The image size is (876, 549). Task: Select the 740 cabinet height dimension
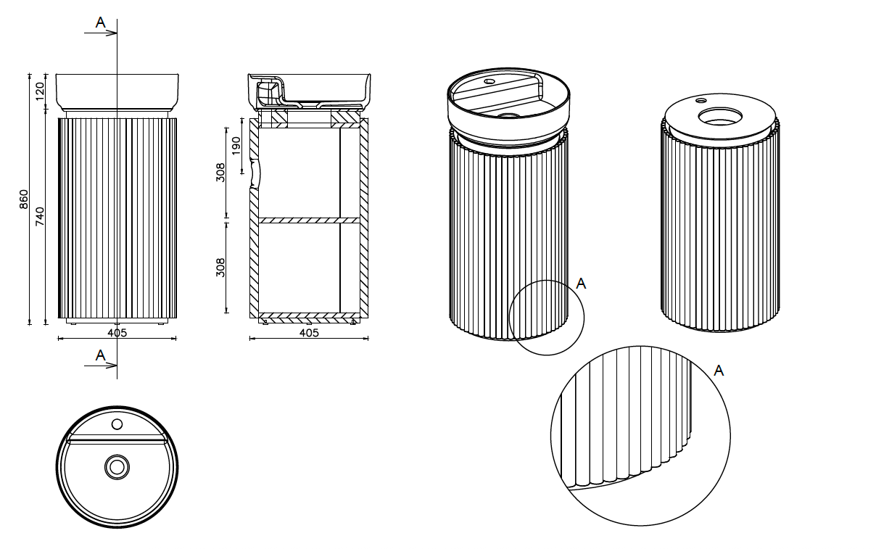tap(41, 216)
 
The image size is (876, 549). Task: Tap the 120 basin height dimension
tap(41, 90)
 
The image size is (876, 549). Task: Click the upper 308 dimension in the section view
tap(221, 172)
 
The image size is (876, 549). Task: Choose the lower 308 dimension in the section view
tap(221, 267)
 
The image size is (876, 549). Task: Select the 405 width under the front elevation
tap(117, 333)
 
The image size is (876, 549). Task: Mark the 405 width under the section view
tap(309, 333)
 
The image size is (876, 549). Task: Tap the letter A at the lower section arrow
tap(101, 355)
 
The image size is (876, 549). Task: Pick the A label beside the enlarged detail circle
tap(719, 371)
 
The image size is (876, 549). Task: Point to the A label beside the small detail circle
tap(580, 284)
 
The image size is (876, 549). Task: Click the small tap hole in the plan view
tap(117, 424)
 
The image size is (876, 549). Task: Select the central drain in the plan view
tap(116, 467)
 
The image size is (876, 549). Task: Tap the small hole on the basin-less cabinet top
tap(702, 99)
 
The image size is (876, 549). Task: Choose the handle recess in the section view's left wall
tap(254, 175)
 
